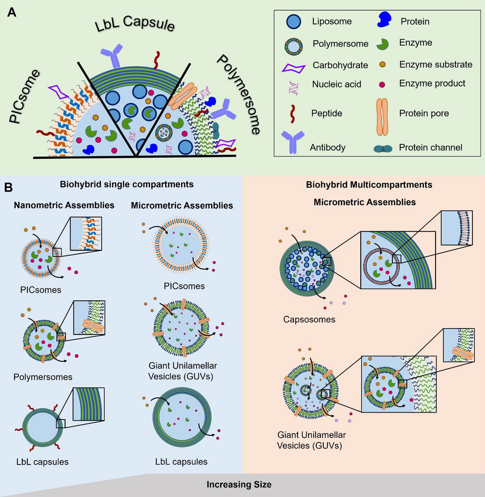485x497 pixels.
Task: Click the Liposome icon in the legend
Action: pyautogui.click(x=292, y=23)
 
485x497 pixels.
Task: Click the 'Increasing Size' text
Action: pyautogui.click(x=239, y=484)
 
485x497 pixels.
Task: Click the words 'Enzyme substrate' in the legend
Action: pyautogui.click(x=435, y=64)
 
